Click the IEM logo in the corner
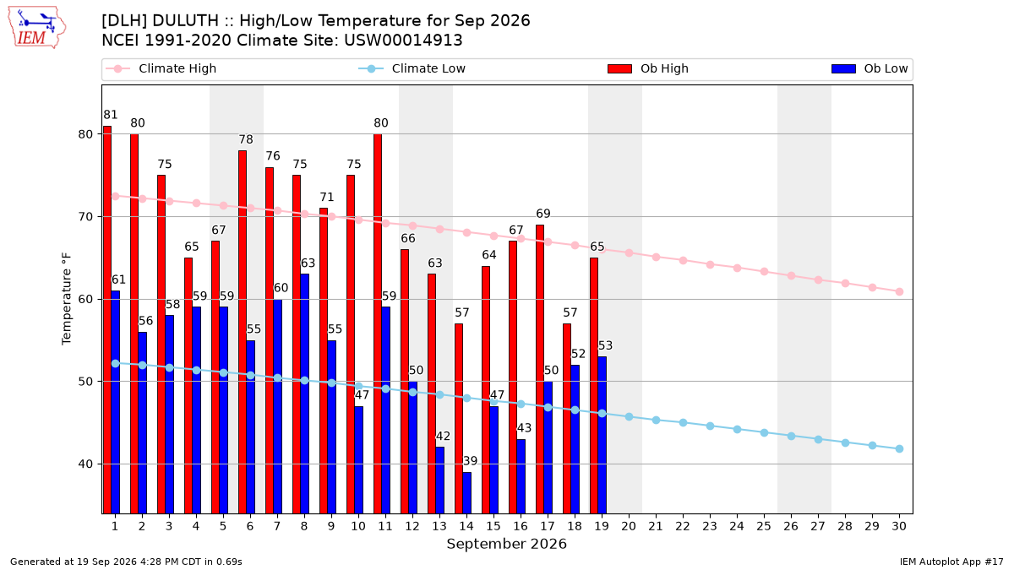(x=37, y=27)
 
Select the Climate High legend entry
(x=161, y=68)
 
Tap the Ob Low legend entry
(x=870, y=68)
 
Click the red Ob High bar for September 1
(x=107, y=320)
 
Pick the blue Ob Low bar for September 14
(x=467, y=492)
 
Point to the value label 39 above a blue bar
(x=471, y=461)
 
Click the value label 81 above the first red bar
(x=111, y=115)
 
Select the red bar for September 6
(x=243, y=332)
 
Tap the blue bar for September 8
(x=305, y=394)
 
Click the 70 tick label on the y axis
(x=85, y=217)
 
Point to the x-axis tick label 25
(x=764, y=527)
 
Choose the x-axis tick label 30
(x=899, y=527)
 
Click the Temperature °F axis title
(x=67, y=299)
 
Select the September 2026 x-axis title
(x=506, y=544)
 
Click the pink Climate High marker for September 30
(x=899, y=292)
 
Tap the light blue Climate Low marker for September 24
(x=737, y=429)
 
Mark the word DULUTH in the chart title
(x=186, y=21)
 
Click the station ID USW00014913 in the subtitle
(x=403, y=41)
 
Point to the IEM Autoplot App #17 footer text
(x=951, y=562)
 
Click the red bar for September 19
(x=594, y=386)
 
